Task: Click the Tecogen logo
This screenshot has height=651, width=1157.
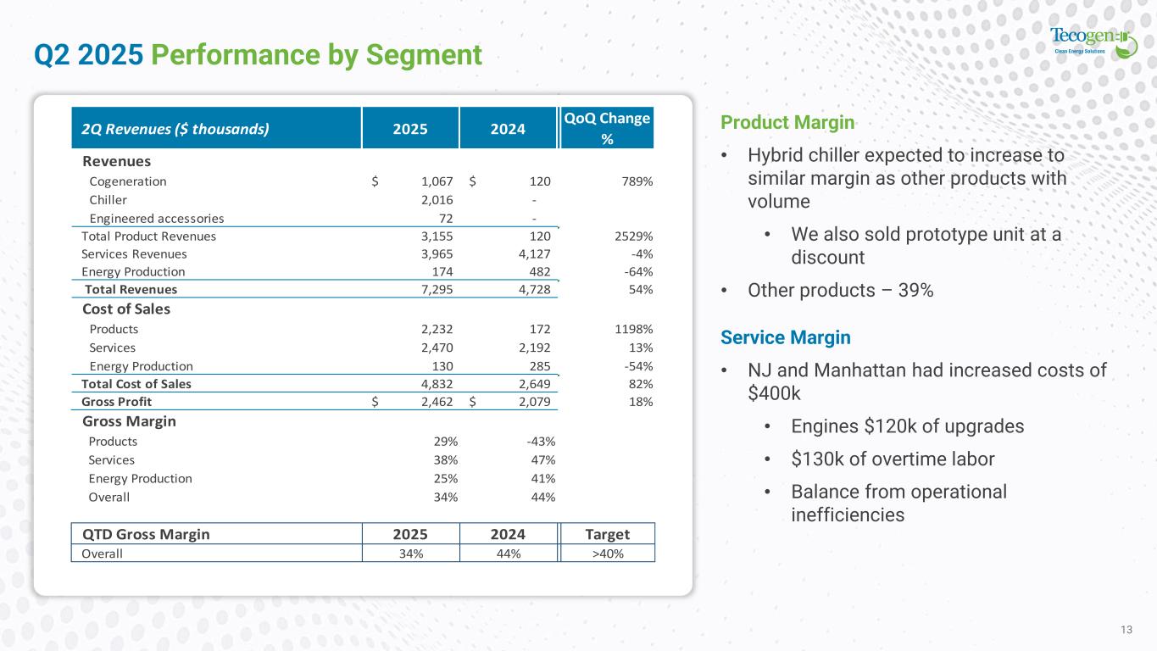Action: point(1093,42)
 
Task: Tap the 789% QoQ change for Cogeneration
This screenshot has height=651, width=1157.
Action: point(636,181)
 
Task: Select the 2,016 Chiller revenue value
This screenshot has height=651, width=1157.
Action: point(437,200)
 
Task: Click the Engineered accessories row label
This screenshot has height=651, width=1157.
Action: point(157,218)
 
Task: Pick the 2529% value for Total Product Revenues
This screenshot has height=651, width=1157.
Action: point(633,236)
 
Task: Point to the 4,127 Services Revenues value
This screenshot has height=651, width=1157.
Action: point(533,253)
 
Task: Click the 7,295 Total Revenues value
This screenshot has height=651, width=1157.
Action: point(437,290)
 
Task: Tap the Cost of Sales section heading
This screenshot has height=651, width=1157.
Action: point(126,309)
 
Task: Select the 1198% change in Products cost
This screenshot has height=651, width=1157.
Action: point(633,329)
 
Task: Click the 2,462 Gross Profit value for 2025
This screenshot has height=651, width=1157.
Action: point(437,402)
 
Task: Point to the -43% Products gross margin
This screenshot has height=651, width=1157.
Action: point(541,442)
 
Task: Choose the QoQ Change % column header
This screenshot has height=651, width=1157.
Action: point(607,128)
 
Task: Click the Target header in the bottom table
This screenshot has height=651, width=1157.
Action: point(608,534)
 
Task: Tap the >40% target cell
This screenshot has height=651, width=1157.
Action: point(608,554)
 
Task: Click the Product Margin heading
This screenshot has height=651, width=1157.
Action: point(787,123)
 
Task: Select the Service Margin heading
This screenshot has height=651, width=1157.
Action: point(786,337)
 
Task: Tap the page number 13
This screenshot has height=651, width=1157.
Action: point(1126,629)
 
